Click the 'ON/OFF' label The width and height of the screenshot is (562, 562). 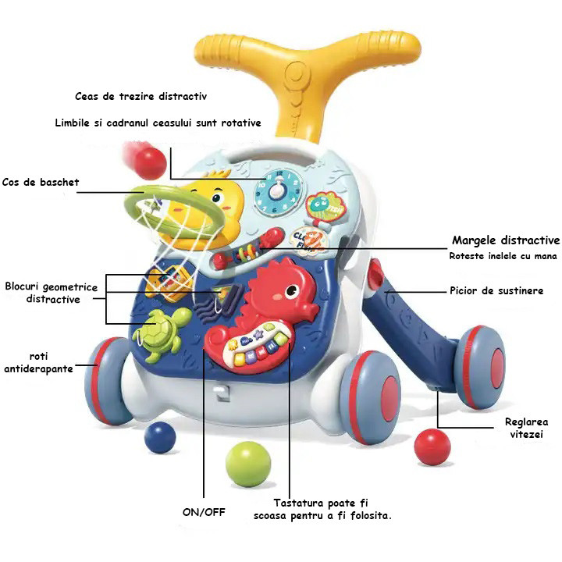click(204, 512)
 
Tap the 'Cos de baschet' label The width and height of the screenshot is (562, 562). click(41, 182)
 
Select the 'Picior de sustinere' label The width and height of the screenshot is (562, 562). click(496, 290)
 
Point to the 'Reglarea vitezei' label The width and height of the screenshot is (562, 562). click(527, 428)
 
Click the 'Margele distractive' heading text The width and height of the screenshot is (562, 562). click(506, 240)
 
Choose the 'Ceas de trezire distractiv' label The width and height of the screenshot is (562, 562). click(140, 96)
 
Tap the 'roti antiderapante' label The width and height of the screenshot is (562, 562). click(38, 362)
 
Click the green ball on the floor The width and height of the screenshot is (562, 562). click(248, 464)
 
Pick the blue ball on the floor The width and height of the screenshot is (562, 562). click(160, 437)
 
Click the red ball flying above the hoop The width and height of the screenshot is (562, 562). click(151, 163)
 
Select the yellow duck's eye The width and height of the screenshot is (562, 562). click(216, 197)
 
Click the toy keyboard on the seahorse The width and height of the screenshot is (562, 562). click(257, 345)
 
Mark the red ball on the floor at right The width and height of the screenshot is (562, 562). click(432, 447)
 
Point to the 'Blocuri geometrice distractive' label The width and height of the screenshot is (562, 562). click(52, 293)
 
